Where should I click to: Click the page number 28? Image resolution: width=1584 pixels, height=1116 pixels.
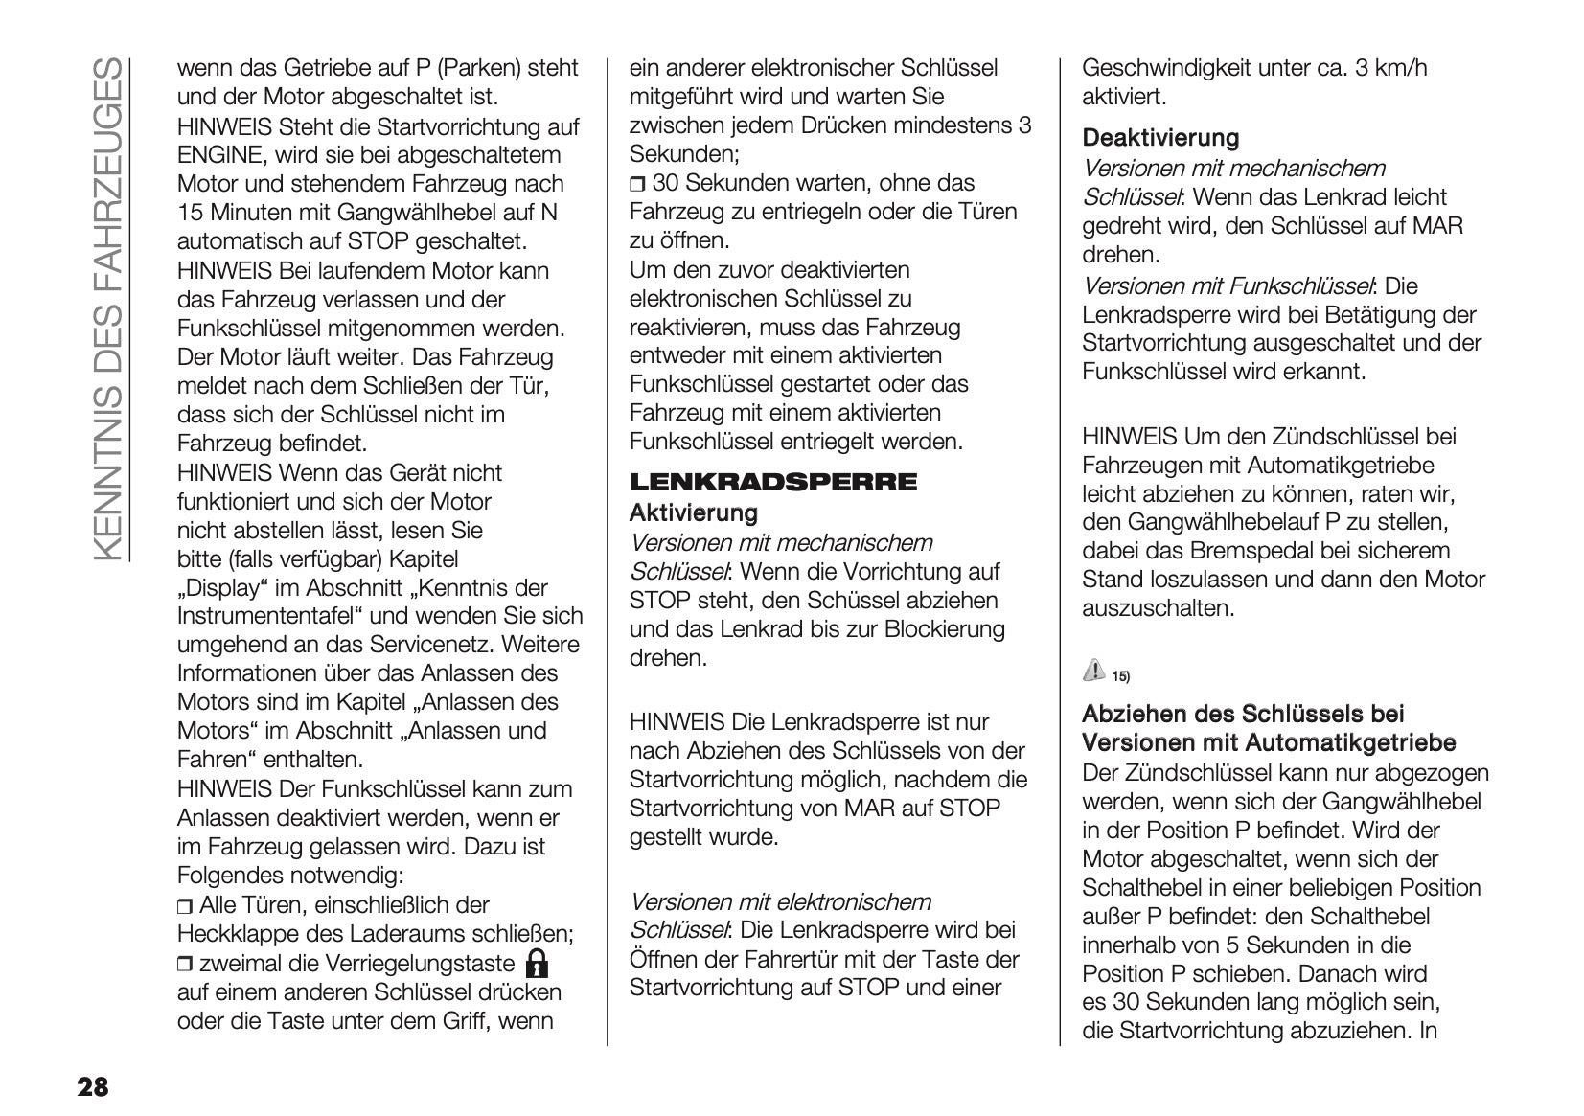coord(93,1086)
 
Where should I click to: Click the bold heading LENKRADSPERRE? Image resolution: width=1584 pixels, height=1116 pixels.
coord(772,482)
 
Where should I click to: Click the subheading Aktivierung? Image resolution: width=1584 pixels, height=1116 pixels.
coord(693,513)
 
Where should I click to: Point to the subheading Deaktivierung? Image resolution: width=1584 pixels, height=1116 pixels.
coord(1159,138)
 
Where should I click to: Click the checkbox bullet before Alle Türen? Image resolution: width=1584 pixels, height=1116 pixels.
coord(185,906)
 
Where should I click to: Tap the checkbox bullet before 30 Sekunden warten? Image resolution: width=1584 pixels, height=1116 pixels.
coord(637,184)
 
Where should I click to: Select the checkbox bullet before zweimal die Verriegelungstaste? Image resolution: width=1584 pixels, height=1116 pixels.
coord(185,964)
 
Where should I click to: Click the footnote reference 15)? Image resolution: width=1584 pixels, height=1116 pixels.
coord(1120,677)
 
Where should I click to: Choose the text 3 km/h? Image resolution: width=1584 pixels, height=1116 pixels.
coord(1389,68)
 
